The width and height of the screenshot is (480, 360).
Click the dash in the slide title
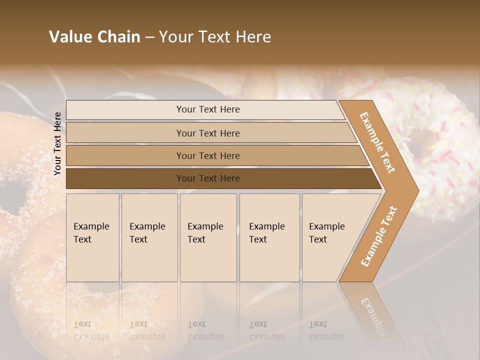149,37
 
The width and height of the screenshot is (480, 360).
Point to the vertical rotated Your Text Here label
57,143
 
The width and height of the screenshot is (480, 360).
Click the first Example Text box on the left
92,237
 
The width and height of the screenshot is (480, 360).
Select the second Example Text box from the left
149,237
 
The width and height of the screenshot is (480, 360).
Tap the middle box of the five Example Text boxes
208,237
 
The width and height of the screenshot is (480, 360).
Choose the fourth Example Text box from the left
269,237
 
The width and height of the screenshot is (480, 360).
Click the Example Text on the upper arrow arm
377,142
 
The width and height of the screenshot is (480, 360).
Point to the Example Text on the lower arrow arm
378,236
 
